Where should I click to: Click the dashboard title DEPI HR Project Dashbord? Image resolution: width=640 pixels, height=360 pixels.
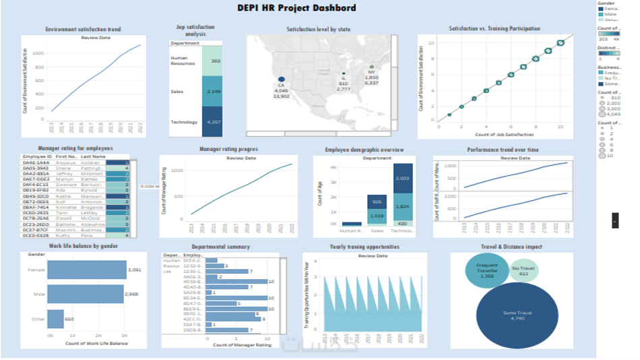click(x=296, y=8)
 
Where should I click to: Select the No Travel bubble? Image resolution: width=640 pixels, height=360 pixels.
click(x=523, y=271)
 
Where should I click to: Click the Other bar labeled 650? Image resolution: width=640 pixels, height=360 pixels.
click(x=55, y=319)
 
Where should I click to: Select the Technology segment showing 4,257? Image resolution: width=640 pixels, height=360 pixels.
click(x=212, y=122)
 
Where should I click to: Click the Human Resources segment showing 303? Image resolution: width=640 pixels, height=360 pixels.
click(x=212, y=61)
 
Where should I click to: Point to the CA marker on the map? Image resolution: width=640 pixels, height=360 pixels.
click(x=281, y=80)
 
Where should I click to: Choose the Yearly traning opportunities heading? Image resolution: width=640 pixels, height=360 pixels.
click(x=364, y=247)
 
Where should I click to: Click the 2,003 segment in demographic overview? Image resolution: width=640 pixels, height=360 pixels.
click(x=403, y=179)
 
